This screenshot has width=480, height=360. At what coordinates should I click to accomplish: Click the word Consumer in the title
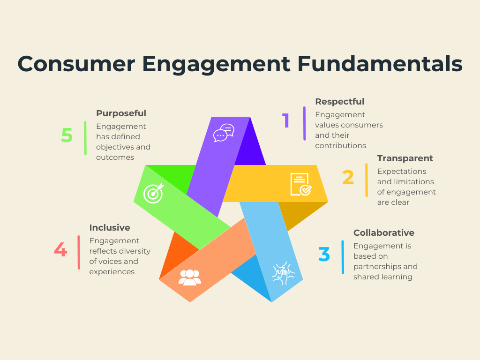76,64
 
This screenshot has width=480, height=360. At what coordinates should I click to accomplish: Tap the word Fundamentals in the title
380,64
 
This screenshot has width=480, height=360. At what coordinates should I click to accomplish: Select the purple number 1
285,120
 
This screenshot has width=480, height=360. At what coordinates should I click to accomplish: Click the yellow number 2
348,177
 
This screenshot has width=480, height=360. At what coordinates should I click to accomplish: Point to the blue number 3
324,254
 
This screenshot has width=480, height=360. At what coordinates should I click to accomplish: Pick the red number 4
60,249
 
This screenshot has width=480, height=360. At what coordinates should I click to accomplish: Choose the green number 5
67,135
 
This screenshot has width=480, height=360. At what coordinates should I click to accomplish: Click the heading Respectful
340,101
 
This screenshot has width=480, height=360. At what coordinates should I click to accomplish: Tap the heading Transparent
405,158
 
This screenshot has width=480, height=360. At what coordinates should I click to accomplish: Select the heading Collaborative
384,232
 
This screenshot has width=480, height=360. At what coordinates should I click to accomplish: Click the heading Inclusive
110,227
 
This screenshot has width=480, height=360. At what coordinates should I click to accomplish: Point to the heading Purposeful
121,113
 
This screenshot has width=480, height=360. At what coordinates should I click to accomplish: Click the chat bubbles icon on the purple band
224,133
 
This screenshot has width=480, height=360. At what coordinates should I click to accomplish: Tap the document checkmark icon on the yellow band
301,184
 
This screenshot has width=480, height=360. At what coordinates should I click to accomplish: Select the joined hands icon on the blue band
284,273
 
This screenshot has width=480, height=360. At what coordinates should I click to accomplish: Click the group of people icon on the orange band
189,277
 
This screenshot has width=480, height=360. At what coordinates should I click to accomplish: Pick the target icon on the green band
154,193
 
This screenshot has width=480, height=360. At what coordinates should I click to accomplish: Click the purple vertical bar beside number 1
304,123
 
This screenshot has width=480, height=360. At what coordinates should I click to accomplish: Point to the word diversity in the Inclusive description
135,251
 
